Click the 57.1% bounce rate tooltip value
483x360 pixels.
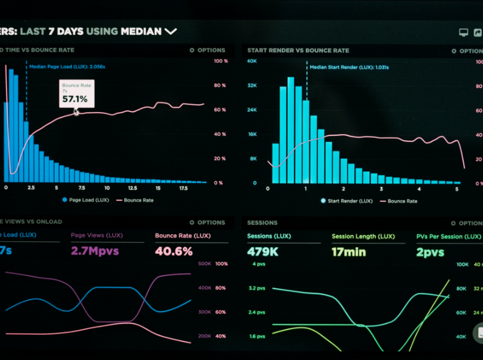[x=74, y=99]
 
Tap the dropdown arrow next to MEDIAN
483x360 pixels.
[x=171, y=31]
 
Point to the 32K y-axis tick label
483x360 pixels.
[x=252, y=86]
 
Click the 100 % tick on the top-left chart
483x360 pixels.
[x=220, y=61]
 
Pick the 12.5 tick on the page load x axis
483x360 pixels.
[x=132, y=188]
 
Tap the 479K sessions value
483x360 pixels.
[x=263, y=252]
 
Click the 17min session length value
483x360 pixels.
[x=348, y=252]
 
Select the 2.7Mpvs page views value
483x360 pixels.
[x=95, y=251]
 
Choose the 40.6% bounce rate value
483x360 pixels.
[x=174, y=251]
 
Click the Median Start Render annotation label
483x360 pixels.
[x=348, y=68]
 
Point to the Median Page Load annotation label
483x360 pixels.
[x=67, y=66]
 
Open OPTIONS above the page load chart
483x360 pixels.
[x=207, y=50]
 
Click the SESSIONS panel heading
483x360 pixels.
[x=262, y=222]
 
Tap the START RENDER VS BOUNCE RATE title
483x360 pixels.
[x=298, y=50]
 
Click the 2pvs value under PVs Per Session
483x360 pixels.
[x=430, y=252]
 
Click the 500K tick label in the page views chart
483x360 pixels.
[x=204, y=264]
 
